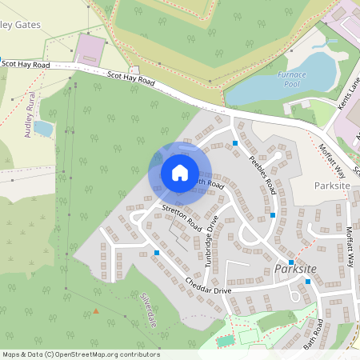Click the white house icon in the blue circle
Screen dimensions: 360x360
point(180,172)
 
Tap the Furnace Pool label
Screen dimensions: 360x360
point(292,78)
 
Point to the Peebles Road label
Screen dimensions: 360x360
point(262,174)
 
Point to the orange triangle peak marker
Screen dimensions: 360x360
point(96,310)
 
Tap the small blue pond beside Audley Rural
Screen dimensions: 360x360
point(43,128)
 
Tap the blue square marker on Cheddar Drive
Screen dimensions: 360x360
point(157,253)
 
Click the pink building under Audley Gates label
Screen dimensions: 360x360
point(91,50)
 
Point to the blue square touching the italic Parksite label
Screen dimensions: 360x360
point(291,262)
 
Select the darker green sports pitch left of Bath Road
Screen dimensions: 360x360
point(226,340)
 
